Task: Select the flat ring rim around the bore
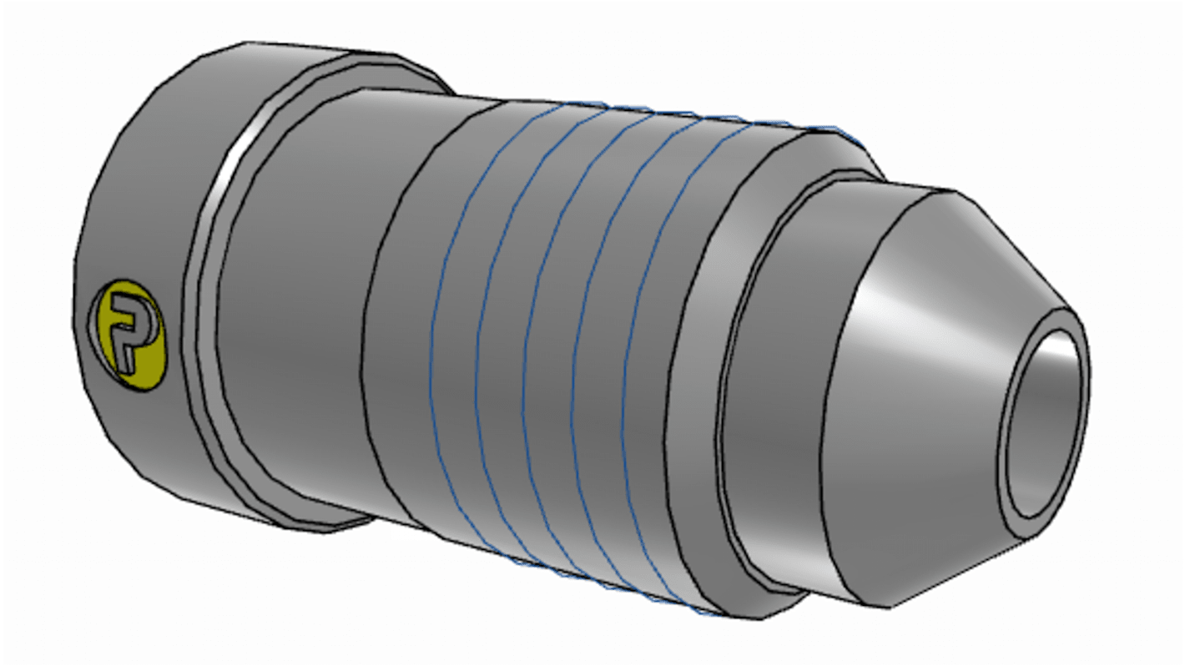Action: pyautogui.click(x=1013, y=467)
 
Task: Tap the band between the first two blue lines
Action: pyautogui.click(x=455, y=351)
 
